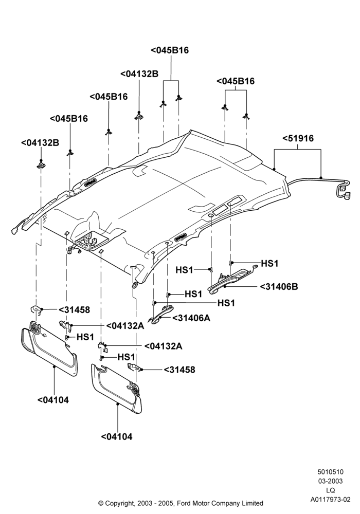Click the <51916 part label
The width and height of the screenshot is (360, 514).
[x=298, y=138]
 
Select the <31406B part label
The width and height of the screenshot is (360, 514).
[x=279, y=286]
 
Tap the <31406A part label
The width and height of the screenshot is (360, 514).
[x=191, y=318]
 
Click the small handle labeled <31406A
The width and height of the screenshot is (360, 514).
[x=161, y=315]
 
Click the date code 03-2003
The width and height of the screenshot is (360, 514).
[x=331, y=481]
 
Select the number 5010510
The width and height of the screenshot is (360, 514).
[x=331, y=472]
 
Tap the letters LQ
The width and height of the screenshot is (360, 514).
[x=331, y=490]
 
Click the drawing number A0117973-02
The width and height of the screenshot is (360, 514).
[x=331, y=500]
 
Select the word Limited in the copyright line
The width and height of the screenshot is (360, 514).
[x=251, y=503]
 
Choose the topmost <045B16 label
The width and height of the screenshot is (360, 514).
[x=170, y=50]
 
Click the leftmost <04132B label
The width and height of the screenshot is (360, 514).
[x=40, y=142]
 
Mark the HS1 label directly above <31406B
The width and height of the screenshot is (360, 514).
[x=269, y=263]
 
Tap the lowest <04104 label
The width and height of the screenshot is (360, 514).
[x=117, y=436]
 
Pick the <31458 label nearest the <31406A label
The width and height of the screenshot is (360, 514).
[x=179, y=370]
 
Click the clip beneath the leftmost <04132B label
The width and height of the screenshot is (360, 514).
[x=41, y=164]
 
